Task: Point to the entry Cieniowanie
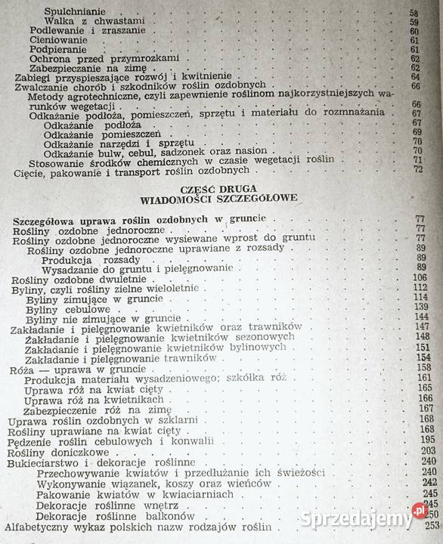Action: (x=59, y=41)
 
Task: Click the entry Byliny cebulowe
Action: (x=66, y=310)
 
